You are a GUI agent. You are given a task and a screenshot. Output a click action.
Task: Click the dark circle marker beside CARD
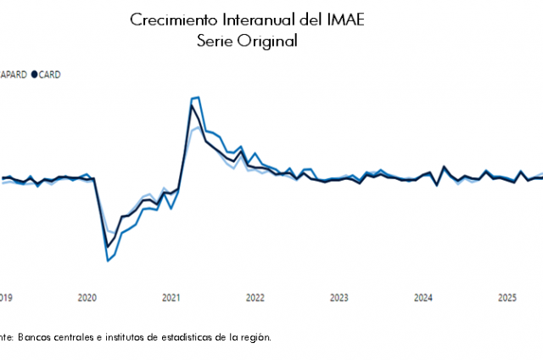(x=35, y=75)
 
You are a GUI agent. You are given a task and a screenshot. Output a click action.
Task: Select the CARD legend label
(x=49, y=75)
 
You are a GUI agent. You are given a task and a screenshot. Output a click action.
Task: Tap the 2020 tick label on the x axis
(x=87, y=298)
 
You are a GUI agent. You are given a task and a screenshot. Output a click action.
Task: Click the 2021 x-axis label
(x=171, y=298)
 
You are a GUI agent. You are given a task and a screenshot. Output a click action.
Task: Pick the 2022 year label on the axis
(x=255, y=298)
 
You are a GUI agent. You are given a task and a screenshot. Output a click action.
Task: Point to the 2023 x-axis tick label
(x=339, y=298)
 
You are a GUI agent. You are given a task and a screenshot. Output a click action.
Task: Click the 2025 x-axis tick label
(x=507, y=298)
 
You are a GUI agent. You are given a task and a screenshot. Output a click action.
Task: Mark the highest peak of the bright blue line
(x=197, y=98)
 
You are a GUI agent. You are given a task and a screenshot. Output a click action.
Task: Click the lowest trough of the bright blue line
(x=108, y=261)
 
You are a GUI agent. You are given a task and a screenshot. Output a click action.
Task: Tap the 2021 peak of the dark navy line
(x=191, y=105)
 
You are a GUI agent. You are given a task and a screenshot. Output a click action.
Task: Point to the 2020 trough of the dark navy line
(x=108, y=246)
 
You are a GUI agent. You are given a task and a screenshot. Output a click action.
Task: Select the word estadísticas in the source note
(x=178, y=337)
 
